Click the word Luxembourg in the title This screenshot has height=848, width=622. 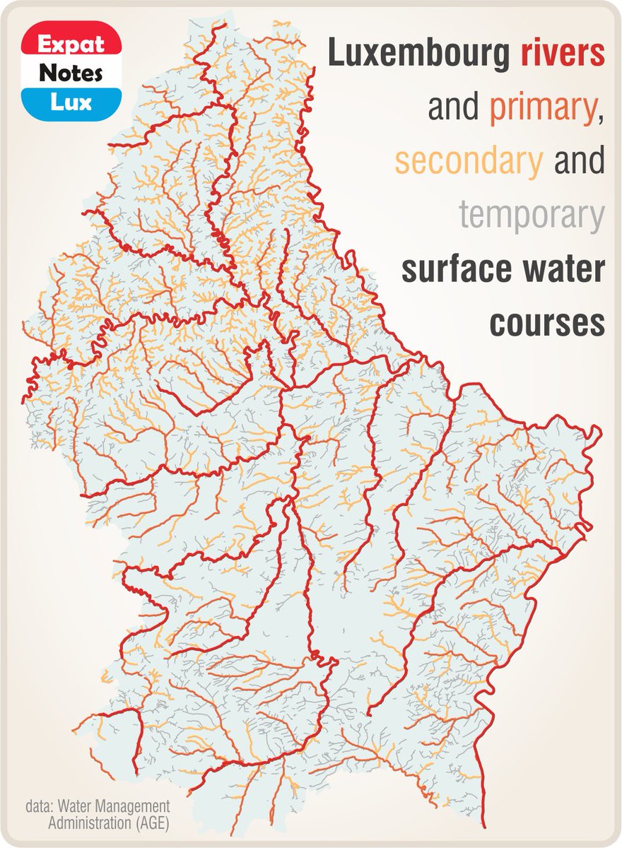pyautogui.click(x=418, y=54)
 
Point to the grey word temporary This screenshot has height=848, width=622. pyautogui.click(x=532, y=215)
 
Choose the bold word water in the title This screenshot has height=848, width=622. pyautogui.click(x=565, y=269)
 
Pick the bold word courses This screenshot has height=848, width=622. pyautogui.click(x=547, y=323)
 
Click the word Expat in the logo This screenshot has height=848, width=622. pyautogui.click(x=71, y=44)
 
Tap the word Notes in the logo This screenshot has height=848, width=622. pyautogui.click(x=71, y=73)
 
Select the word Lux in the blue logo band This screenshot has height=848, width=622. pyautogui.click(x=71, y=102)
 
